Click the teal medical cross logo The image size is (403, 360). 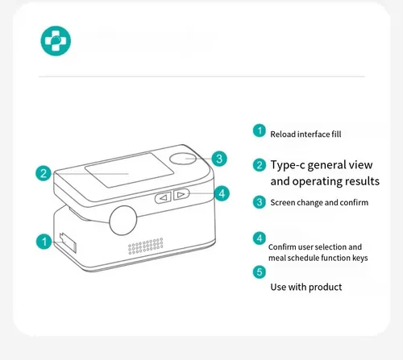(56, 41)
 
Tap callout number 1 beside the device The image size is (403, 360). (44, 242)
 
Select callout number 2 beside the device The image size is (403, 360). (44, 173)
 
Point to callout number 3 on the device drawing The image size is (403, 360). (219, 159)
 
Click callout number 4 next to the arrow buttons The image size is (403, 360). (222, 193)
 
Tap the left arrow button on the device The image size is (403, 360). (164, 197)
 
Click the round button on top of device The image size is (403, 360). (183, 159)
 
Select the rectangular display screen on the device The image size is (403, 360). (129, 170)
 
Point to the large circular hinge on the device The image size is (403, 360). (123, 221)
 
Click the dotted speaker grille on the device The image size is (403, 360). (146, 246)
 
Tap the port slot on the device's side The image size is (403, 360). (68, 243)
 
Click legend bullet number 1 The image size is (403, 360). (260, 130)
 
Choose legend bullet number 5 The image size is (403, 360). (260, 272)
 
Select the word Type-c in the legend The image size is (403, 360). (288, 165)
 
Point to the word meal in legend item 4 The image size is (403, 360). (277, 258)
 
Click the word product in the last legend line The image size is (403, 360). (325, 288)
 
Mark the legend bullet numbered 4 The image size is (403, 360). (260, 238)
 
